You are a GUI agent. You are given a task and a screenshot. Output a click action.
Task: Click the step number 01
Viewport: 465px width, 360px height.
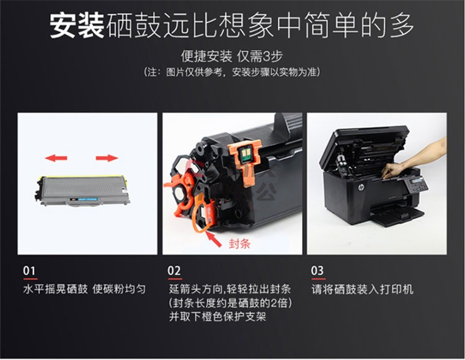click(x=29, y=271)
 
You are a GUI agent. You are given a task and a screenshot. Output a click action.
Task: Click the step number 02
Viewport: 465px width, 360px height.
click(x=174, y=271)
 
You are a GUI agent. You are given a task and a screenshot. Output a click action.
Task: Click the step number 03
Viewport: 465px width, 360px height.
click(x=317, y=271)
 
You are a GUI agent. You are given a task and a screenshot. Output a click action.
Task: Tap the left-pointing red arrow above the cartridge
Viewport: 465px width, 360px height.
click(x=56, y=158)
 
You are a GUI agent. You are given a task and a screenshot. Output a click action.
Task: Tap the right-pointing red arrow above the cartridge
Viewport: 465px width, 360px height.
click(x=107, y=158)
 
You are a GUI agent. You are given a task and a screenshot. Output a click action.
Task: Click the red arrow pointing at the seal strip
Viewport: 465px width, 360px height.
click(x=213, y=239)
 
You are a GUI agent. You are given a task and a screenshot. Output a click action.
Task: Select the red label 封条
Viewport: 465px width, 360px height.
click(x=239, y=244)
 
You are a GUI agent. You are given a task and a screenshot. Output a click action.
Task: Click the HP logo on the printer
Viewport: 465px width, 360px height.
click(x=361, y=187)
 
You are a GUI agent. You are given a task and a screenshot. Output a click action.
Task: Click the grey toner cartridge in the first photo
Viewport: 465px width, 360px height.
click(x=83, y=191)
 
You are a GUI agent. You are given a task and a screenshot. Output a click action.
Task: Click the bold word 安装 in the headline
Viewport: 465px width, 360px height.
click(x=77, y=26)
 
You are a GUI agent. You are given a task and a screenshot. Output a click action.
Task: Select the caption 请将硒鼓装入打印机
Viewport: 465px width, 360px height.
click(x=362, y=289)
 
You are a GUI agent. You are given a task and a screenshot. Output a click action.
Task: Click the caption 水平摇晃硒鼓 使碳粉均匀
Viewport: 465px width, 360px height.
click(x=84, y=289)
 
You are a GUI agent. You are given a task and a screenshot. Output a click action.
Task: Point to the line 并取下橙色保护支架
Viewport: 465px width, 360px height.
click(x=218, y=317)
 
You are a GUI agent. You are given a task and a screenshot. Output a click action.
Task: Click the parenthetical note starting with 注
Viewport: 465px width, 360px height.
click(x=232, y=72)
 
